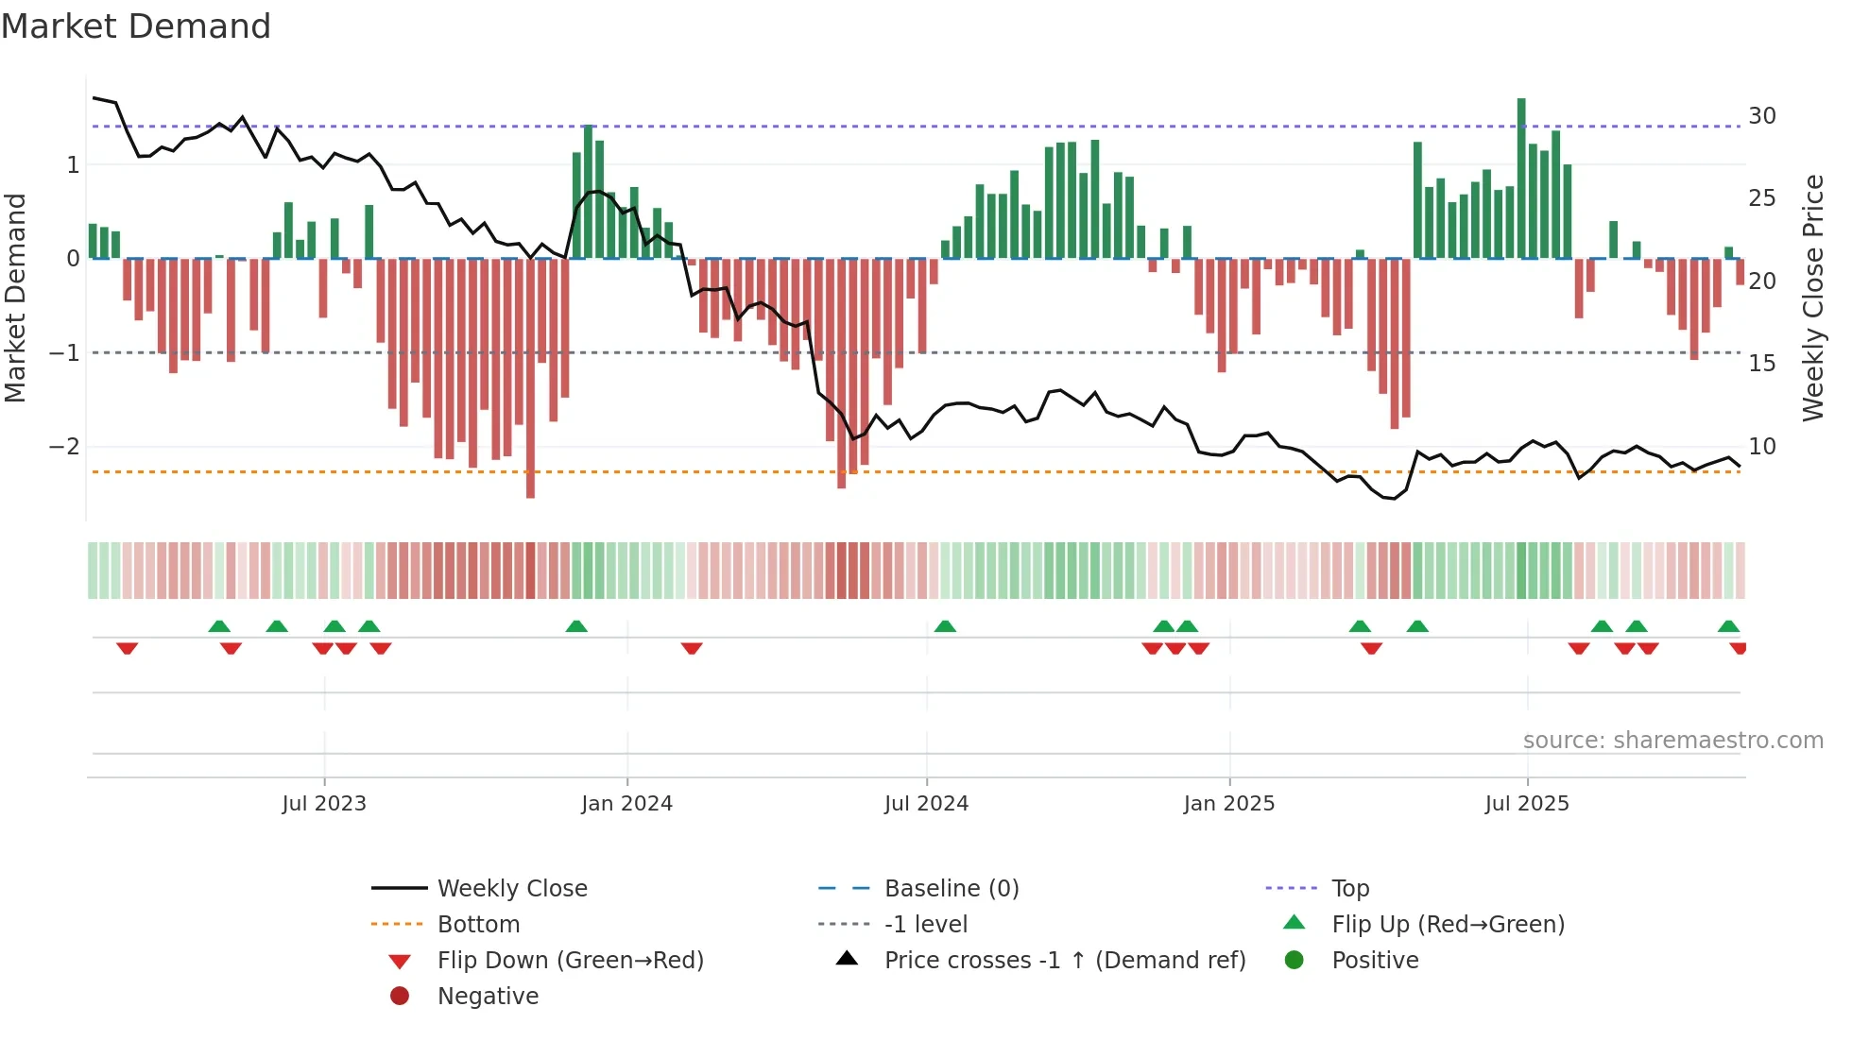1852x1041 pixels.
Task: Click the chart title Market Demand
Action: point(136,26)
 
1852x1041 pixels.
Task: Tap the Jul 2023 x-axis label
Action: point(323,804)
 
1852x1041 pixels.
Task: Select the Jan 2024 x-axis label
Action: point(626,804)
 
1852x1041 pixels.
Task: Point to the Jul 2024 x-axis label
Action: point(926,804)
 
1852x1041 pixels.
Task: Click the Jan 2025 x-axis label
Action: point(1228,804)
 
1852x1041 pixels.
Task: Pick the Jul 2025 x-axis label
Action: point(1526,804)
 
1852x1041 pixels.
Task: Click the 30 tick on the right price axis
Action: point(1762,116)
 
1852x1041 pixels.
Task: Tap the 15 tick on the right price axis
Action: point(1762,364)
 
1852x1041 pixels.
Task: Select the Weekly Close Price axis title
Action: point(1812,298)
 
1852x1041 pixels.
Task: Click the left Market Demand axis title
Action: point(15,298)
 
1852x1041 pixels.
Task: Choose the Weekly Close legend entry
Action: point(511,889)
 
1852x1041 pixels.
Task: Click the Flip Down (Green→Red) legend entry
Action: point(570,961)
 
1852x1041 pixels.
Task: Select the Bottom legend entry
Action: point(478,925)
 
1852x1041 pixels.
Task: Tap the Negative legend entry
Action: point(488,997)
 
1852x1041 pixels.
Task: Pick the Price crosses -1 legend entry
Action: point(1064,961)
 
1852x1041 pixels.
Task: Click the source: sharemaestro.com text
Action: point(1672,741)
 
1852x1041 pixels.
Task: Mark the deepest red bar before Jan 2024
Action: point(530,378)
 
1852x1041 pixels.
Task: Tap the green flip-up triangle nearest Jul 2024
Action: point(945,626)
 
